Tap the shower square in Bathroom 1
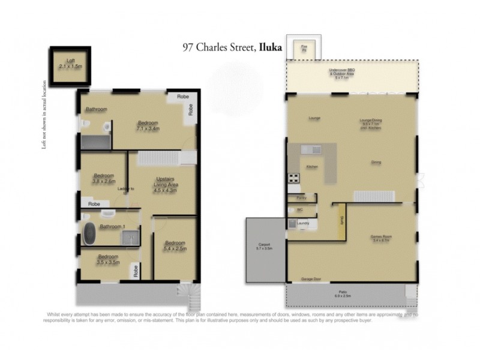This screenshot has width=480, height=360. pyautogui.click(x=131, y=239)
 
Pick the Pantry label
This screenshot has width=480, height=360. pyautogui.click(x=302, y=197)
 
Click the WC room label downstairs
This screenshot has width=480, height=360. pyautogui.click(x=299, y=209)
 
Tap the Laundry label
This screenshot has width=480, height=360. pyautogui.click(x=302, y=224)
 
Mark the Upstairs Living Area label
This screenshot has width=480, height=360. pyautogui.click(x=165, y=184)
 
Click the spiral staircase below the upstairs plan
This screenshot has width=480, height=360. pyautogui.click(x=187, y=294)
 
